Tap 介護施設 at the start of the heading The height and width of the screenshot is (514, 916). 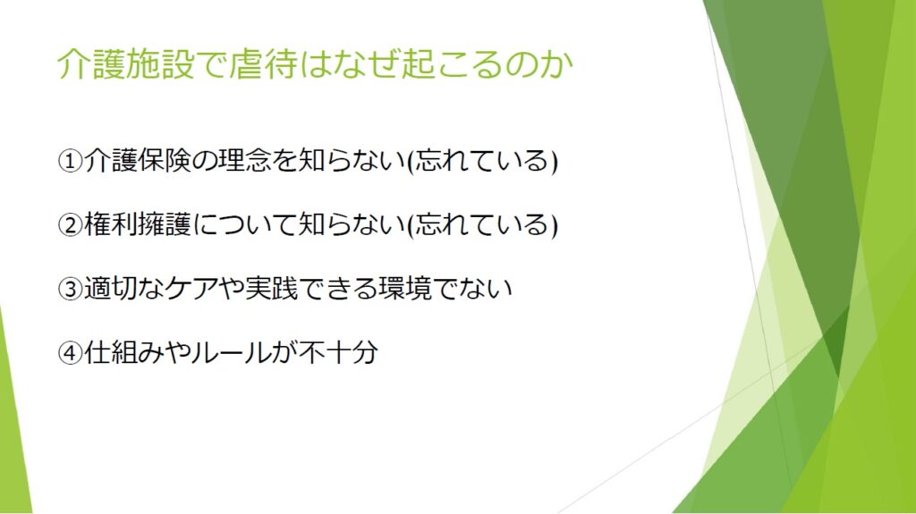point(125,63)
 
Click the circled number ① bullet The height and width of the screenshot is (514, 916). point(70,161)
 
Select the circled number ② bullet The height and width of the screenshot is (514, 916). point(70,225)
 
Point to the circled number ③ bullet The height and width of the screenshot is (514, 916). point(70,289)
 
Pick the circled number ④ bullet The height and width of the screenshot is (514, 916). point(70,352)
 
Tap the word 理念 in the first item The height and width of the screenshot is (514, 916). point(244,161)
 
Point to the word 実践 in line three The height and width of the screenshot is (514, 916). point(271,288)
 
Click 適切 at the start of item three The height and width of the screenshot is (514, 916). point(110,288)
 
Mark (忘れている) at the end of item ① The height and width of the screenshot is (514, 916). point(482,161)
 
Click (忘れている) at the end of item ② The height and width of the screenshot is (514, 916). point(482,225)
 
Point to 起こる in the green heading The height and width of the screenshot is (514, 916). point(452,63)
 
